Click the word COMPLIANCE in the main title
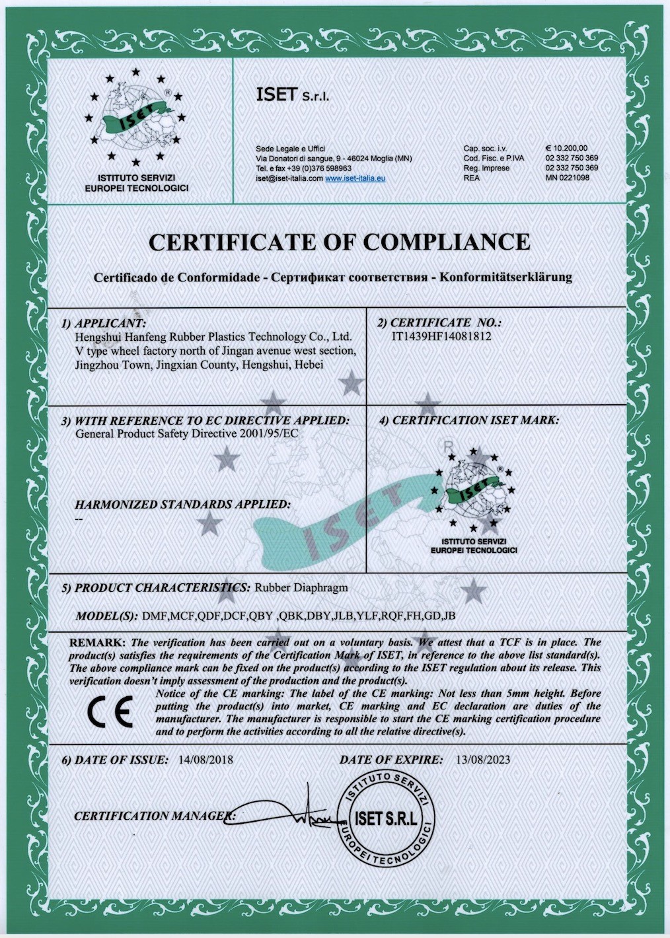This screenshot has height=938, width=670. tap(446, 242)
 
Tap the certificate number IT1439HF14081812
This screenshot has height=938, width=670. tap(441, 336)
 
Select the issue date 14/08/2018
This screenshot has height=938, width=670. tap(205, 760)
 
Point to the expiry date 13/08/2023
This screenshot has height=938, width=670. tap(483, 760)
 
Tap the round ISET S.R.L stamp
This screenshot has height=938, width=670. tap(386, 818)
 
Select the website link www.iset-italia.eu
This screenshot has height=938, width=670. tap(355, 178)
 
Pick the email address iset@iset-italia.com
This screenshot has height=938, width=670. tap(289, 178)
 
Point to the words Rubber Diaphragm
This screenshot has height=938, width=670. tap(301, 587)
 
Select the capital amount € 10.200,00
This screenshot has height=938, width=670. tap(566, 149)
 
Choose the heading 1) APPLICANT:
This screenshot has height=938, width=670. tap(104, 324)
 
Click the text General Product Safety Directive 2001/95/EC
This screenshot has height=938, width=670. tap(187, 434)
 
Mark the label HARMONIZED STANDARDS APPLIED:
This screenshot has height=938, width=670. tap(182, 505)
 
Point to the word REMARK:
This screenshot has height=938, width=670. tap(97, 642)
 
